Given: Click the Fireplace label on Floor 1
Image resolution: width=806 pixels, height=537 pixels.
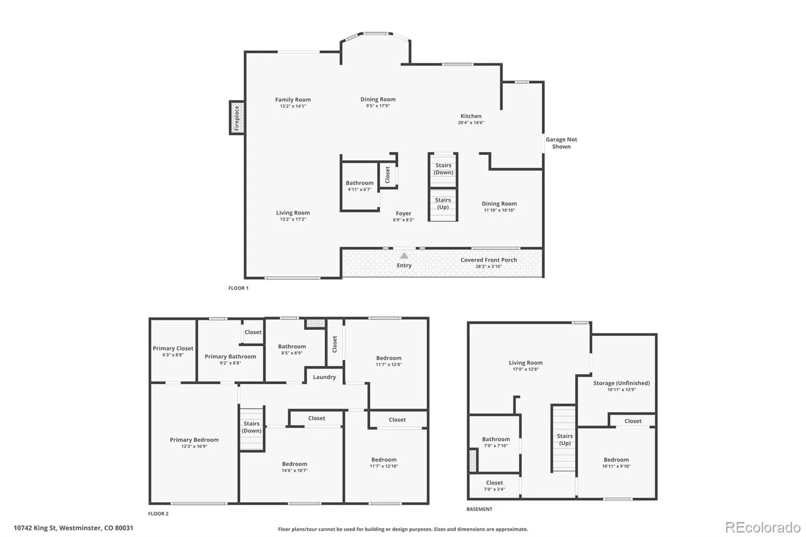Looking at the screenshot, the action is pos(236,118).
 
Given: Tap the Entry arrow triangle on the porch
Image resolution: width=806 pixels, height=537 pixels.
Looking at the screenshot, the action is pos(404,255).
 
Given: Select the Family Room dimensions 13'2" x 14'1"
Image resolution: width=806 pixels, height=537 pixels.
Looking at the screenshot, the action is pos(293,106).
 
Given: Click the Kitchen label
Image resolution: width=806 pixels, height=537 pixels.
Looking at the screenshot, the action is pos(471,116).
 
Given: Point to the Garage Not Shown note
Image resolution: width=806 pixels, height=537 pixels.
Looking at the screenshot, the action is pos(561,143).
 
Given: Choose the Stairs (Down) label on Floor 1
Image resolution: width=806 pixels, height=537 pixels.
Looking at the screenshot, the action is pos(443,169).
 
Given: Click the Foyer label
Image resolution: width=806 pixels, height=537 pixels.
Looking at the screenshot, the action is pos(404,214).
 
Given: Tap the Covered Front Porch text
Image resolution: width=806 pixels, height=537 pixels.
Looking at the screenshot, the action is pos(489,260).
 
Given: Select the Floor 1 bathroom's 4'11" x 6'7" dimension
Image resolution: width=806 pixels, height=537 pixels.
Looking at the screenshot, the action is pos(360,189).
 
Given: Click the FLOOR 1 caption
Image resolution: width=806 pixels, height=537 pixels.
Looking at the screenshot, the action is pos(238,288).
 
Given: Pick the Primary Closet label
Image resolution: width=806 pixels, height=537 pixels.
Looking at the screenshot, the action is pos(173,349).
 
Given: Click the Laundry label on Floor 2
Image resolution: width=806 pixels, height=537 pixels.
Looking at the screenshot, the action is pos(324,377).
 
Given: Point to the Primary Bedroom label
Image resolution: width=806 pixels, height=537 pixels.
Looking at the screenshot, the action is pos(194,440).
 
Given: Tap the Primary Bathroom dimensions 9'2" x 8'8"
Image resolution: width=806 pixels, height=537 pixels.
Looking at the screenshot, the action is pos(230,363).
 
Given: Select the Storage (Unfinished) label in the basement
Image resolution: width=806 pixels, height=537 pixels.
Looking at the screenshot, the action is pos(622,383).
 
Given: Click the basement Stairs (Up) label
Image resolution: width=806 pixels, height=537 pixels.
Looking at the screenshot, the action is pos(565,439).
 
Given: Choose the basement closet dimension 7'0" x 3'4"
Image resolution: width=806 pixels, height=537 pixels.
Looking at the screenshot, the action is pos(494,489).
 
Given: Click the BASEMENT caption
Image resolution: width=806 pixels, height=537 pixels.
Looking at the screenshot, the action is pos(479,509).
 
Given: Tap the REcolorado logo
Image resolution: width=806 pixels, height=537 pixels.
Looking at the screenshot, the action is pos(763,527).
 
